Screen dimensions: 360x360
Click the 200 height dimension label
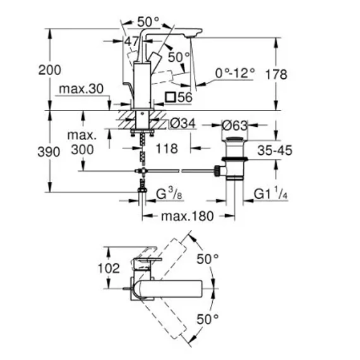(50, 70)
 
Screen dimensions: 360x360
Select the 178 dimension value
(276, 75)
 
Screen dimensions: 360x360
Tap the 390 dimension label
(49, 152)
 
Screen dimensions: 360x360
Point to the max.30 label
(81, 89)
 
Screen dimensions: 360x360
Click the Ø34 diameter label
(183, 123)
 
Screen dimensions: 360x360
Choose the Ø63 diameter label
(235, 126)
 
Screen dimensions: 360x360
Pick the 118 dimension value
(167, 148)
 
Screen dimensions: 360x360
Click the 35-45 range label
(275, 150)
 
